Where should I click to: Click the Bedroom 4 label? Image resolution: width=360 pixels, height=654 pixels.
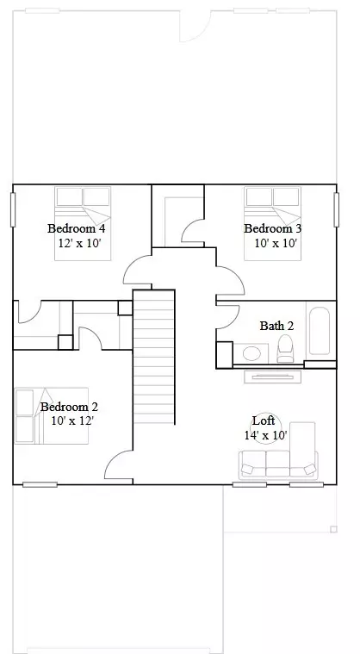click(76, 228)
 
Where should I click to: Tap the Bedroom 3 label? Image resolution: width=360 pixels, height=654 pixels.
click(272, 228)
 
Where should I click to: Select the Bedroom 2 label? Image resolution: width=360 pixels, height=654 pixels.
click(69, 407)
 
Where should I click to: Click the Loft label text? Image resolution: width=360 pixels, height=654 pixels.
click(264, 420)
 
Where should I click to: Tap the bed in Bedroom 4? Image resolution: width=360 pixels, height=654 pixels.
click(83, 207)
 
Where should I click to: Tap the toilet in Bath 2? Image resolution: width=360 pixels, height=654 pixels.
click(285, 348)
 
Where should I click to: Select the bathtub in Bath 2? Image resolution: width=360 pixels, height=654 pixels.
click(319, 330)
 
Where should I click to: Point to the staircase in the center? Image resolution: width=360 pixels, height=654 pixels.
click(154, 357)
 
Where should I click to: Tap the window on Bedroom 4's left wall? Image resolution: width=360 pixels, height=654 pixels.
click(13, 209)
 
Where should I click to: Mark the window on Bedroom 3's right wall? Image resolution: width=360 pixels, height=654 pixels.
click(335, 209)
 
